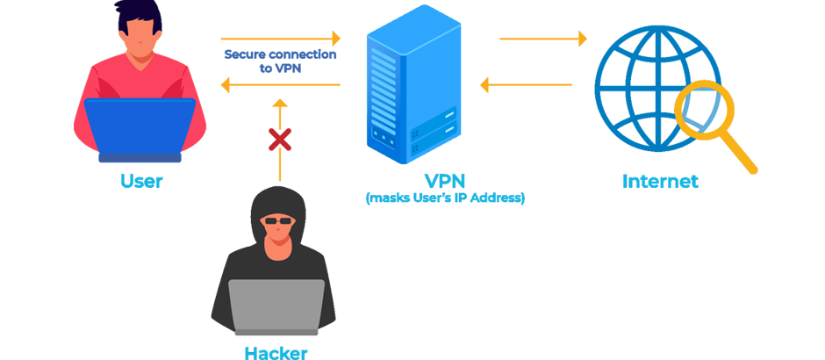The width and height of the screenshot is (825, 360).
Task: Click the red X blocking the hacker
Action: [x=280, y=138]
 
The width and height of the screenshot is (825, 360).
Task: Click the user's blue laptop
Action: [x=140, y=128]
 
